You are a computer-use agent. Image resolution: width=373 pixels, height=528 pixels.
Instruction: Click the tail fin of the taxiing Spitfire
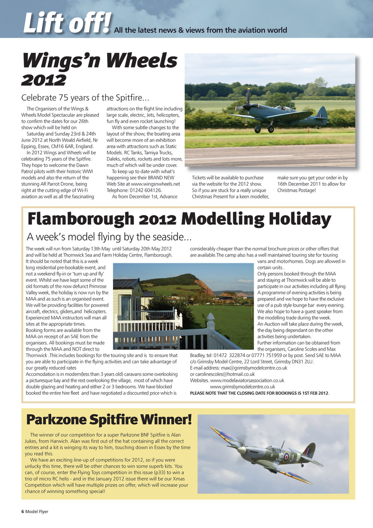tap(321, 113)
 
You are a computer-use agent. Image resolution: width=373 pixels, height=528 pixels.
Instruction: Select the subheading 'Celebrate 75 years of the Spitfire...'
tap(85, 98)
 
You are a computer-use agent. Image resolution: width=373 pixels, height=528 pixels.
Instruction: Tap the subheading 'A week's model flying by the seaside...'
tap(109, 237)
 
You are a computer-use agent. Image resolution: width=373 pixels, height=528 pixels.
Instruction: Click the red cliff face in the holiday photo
tap(204, 287)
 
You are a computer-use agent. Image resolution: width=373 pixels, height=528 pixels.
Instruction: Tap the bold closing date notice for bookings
tap(260, 393)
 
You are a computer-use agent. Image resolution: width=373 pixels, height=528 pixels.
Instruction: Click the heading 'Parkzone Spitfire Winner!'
tap(109, 420)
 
